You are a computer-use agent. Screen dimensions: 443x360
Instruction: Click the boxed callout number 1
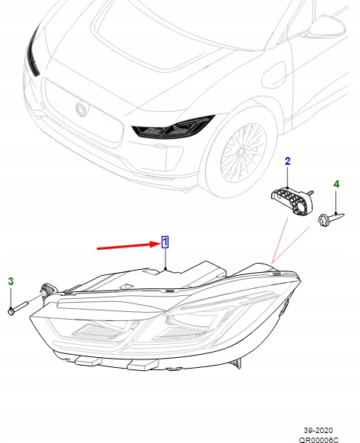pyautogui.click(x=165, y=244)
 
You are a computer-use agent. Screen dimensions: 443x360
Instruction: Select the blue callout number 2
pyautogui.click(x=288, y=162)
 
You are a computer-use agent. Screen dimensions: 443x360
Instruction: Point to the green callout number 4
pyautogui.click(x=335, y=184)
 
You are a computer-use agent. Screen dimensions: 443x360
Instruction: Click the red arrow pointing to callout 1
pyautogui.click(x=126, y=246)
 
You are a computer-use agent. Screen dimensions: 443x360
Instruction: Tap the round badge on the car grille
pyautogui.click(x=81, y=110)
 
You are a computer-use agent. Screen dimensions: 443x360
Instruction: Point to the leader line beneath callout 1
pyautogui.click(x=165, y=261)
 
